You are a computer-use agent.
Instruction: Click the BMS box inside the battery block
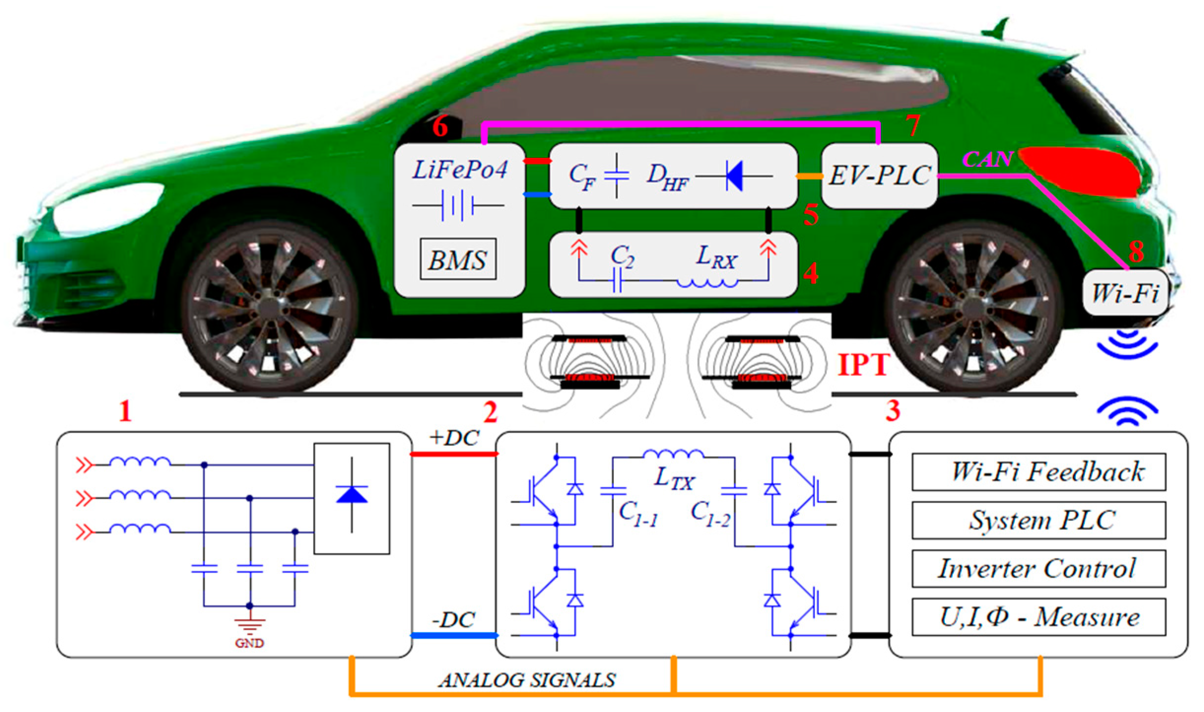click(458, 259)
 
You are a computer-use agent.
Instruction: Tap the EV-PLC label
click(879, 176)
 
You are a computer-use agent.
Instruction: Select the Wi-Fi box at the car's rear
click(1125, 293)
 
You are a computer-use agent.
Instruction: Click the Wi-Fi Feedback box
click(1038, 472)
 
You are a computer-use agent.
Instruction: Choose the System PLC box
click(1038, 520)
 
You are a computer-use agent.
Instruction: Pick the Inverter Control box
click(1038, 569)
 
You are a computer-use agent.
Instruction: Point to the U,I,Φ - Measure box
click(1038, 617)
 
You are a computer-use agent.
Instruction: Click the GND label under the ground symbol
click(249, 643)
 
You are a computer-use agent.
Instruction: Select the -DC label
click(454, 620)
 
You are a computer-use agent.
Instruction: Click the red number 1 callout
click(125, 411)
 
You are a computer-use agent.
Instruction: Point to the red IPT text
click(863, 365)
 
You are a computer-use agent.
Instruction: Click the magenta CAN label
click(987, 159)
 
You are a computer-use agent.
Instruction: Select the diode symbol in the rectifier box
click(351, 495)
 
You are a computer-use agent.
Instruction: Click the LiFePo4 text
click(460, 170)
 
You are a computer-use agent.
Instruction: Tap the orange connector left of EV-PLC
click(809, 176)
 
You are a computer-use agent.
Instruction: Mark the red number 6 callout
click(440, 127)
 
